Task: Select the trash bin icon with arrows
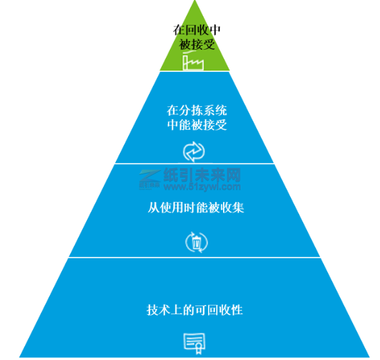pos(196,242)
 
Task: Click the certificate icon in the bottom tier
pos(194,343)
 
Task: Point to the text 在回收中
pos(197,30)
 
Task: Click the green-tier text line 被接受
pos(197,45)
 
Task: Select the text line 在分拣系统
pos(197,110)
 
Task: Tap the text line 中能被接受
pos(197,125)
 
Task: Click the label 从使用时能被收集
pos(196,208)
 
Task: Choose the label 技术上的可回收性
pos(195,310)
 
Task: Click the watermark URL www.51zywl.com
pos(202,186)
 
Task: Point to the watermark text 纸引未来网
pos(202,175)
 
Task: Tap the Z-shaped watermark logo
pos(150,176)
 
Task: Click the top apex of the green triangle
pos(195,1)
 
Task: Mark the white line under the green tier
pos(194,71)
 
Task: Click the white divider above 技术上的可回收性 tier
pos(194,258)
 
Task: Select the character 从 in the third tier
pos(154,208)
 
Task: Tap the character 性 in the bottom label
pos(237,310)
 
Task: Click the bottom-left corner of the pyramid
pos(20,357)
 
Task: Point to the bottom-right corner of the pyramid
pos(369,357)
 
